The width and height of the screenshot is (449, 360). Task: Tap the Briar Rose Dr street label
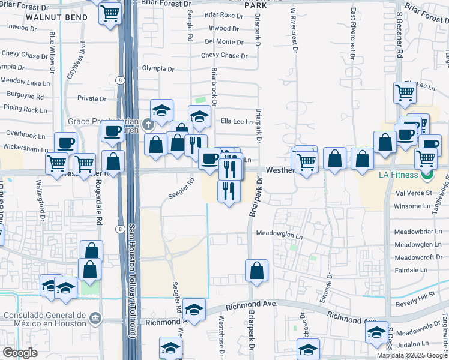223,15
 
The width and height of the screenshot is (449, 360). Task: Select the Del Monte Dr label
223,41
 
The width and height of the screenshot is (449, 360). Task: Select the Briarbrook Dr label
214,85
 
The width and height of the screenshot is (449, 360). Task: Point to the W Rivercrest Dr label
294,30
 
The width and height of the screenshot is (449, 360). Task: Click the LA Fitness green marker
427,176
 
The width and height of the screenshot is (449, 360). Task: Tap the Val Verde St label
414,193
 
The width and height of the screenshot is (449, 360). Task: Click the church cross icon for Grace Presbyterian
148,125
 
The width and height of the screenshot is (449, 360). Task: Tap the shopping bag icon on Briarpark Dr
257,269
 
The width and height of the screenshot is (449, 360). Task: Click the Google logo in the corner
20,353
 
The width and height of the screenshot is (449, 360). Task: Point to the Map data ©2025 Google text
412,355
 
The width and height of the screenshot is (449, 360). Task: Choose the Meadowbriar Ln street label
418,232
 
